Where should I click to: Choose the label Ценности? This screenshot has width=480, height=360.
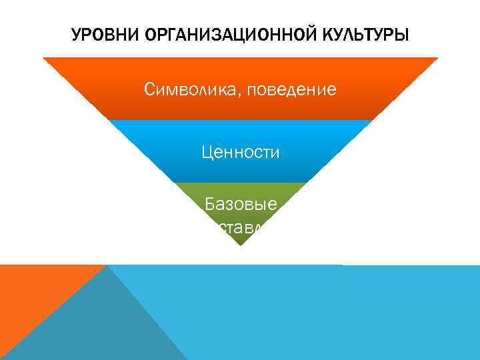coord(241,153)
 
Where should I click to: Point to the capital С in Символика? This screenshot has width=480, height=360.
coord(149,89)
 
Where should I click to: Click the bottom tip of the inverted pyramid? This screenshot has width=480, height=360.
coord(240,244)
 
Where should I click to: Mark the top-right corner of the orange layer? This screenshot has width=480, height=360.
coord(436,59)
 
